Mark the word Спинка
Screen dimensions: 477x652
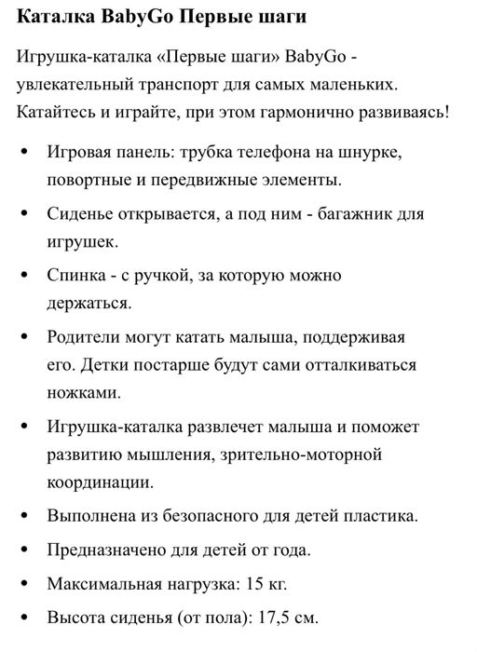(x=74, y=277)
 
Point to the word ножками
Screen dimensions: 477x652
(x=77, y=392)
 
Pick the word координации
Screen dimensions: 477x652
(x=100, y=482)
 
